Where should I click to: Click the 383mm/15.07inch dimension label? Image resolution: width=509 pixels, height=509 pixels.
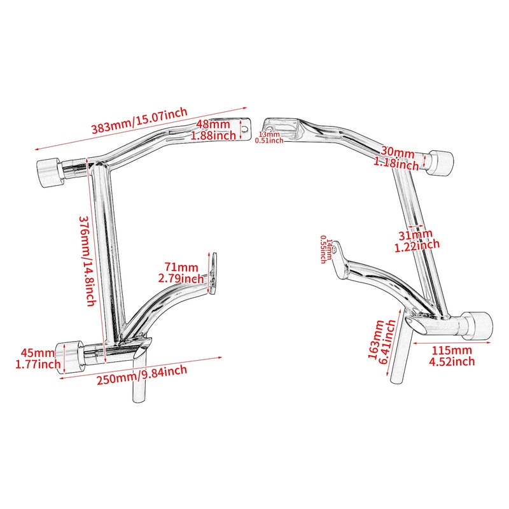tap(139, 120)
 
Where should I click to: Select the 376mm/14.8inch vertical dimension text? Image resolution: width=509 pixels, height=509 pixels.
tap(88, 261)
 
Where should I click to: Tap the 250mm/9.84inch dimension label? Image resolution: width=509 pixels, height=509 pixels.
tap(142, 375)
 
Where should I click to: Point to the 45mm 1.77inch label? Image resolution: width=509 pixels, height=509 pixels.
tap(38, 358)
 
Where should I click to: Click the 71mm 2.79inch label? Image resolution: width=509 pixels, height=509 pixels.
tap(181, 273)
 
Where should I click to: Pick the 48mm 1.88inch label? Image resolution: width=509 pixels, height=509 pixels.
tap(213, 130)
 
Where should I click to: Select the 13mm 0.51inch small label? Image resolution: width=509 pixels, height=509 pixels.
tap(269, 137)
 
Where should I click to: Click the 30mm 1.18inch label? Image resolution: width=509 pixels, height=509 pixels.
tap(396, 158)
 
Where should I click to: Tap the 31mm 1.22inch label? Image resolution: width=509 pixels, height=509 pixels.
tap(417, 240)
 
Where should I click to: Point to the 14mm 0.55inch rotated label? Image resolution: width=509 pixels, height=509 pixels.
tap(326, 249)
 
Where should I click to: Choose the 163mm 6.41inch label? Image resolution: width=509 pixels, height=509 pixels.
tap(381, 342)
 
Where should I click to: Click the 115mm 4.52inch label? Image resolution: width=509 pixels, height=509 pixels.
tap(452, 356)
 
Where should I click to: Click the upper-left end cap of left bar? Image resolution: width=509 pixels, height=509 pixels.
tap(49, 172)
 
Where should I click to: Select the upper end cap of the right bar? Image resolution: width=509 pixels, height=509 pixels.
tap(440, 163)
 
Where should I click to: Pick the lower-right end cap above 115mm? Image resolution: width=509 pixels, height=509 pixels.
tap(477, 326)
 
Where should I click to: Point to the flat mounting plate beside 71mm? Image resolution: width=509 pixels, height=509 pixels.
tap(213, 274)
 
